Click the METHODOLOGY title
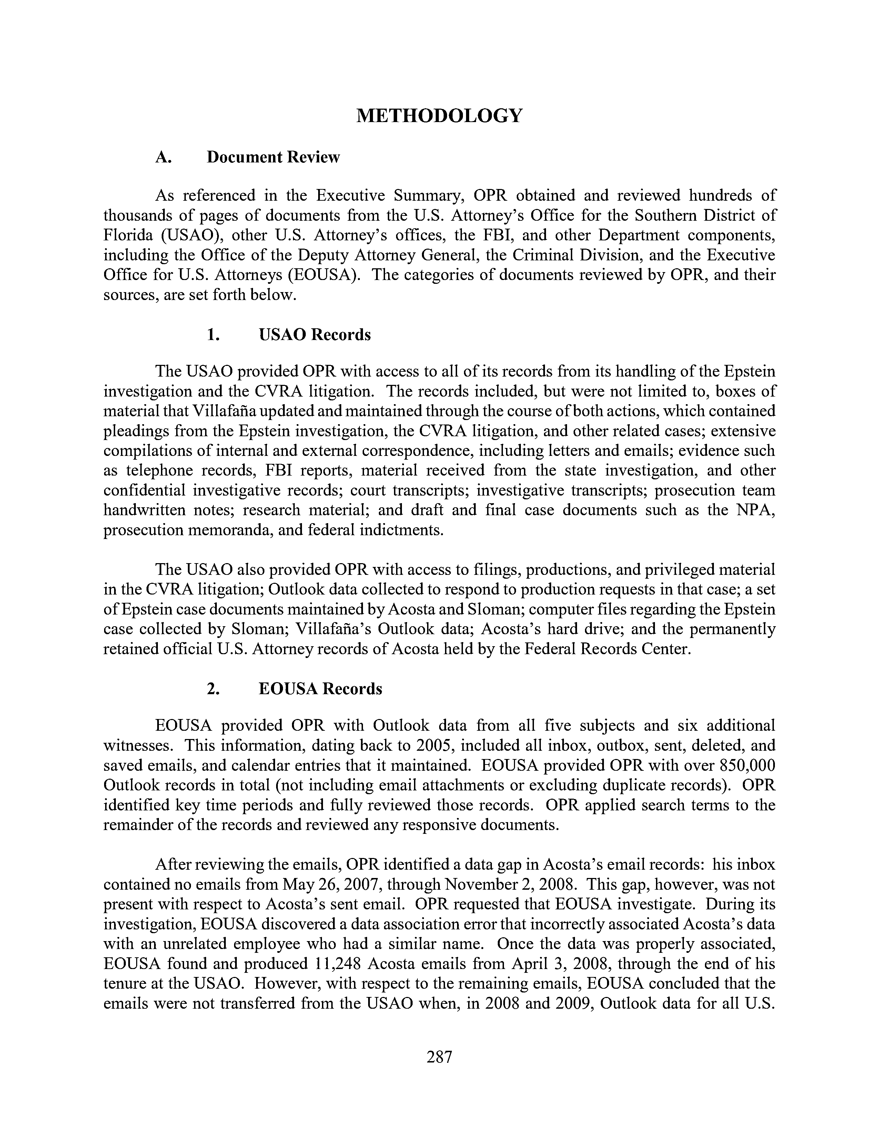pos(438,116)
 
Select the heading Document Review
pos(273,157)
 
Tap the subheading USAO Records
pos(314,335)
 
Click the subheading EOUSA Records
pos(320,689)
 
